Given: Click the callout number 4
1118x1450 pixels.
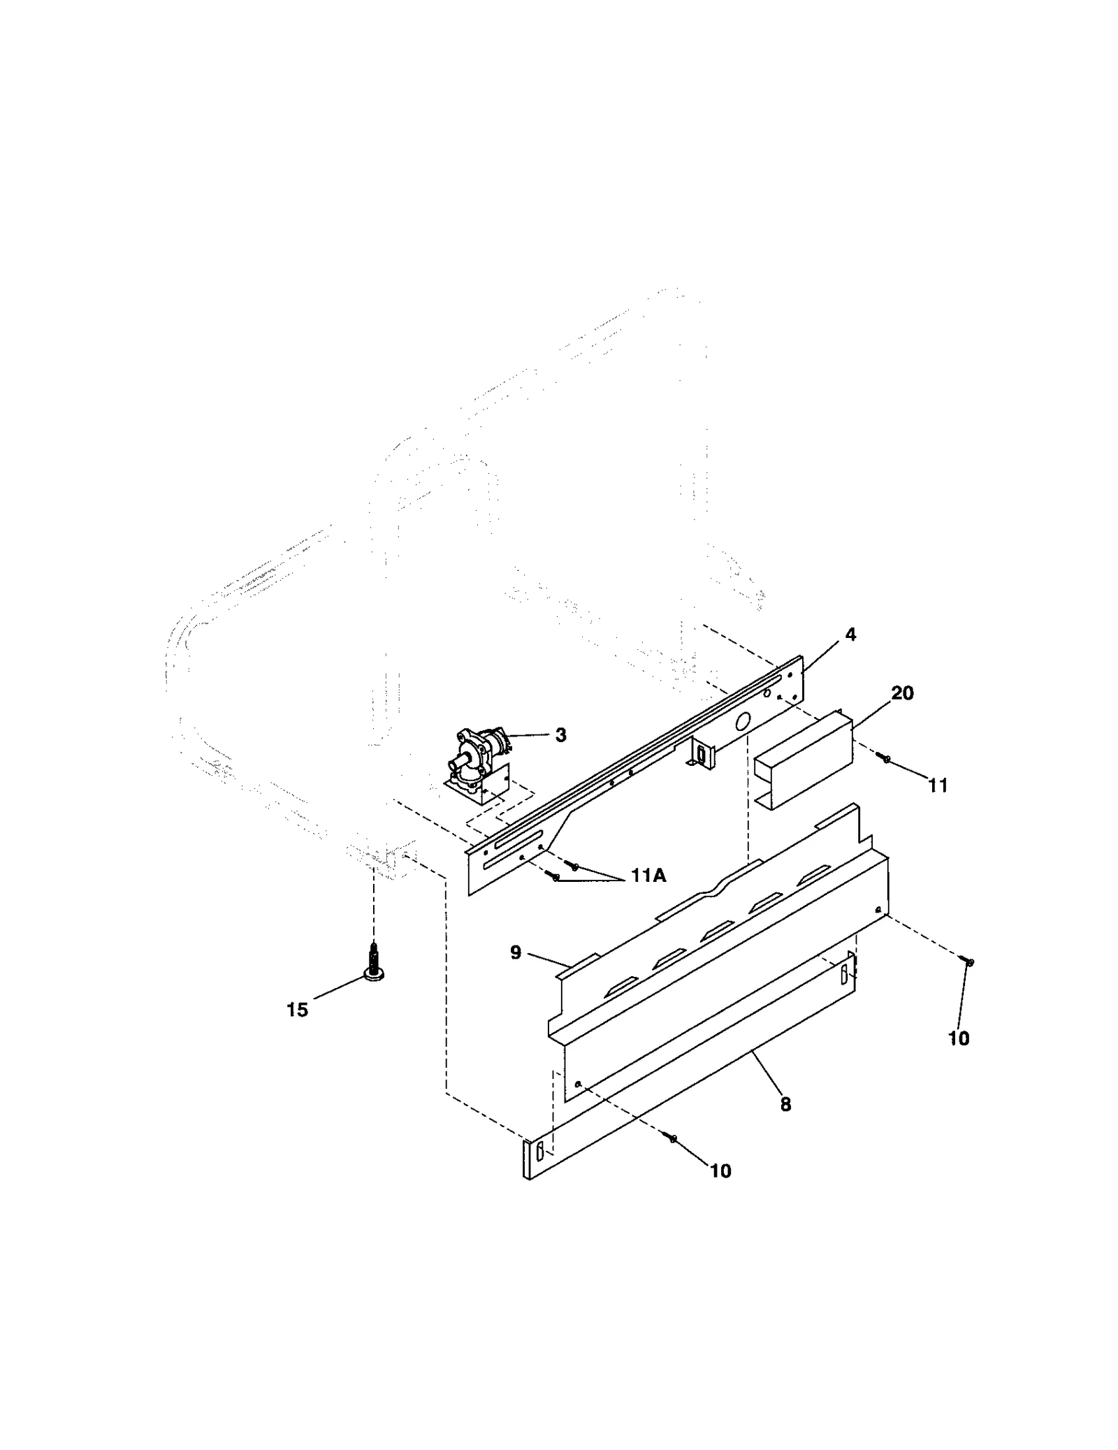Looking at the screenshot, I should pyautogui.click(x=850, y=635).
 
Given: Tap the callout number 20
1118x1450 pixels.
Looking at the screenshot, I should pyautogui.click(x=902, y=693).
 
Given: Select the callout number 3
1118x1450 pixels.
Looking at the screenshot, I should pyautogui.click(x=560, y=735).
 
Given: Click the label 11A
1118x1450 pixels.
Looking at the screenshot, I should pyautogui.click(x=648, y=875).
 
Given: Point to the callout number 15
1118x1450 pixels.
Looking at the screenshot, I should pyautogui.click(x=297, y=1010).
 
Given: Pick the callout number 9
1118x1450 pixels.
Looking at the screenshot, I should pyautogui.click(x=516, y=952).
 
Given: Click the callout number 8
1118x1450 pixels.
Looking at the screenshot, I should pyautogui.click(x=785, y=1104).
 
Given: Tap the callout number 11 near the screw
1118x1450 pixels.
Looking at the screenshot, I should pyautogui.click(x=938, y=785).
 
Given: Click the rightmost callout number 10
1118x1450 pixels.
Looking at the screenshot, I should pyautogui.click(x=959, y=1038).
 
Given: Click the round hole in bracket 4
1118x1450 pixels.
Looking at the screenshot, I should pyautogui.click(x=743, y=720).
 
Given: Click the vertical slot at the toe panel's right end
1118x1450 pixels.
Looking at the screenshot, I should pyautogui.click(x=843, y=973).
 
